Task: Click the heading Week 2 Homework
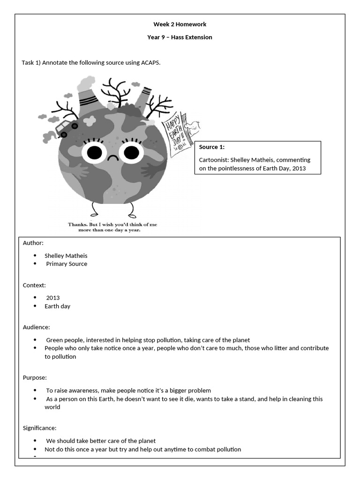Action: click(180, 24)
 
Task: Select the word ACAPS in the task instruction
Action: click(150, 63)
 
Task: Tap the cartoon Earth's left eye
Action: click(95, 152)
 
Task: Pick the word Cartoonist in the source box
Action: click(214, 160)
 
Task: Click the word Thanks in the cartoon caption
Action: click(78, 225)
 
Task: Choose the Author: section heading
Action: click(33, 243)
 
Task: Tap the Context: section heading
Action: click(34, 285)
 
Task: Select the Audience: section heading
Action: click(36, 327)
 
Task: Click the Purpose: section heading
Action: click(35, 377)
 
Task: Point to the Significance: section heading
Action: click(39, 428)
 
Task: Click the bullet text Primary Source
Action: click(66, 264)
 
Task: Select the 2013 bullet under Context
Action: click(53, 298)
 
